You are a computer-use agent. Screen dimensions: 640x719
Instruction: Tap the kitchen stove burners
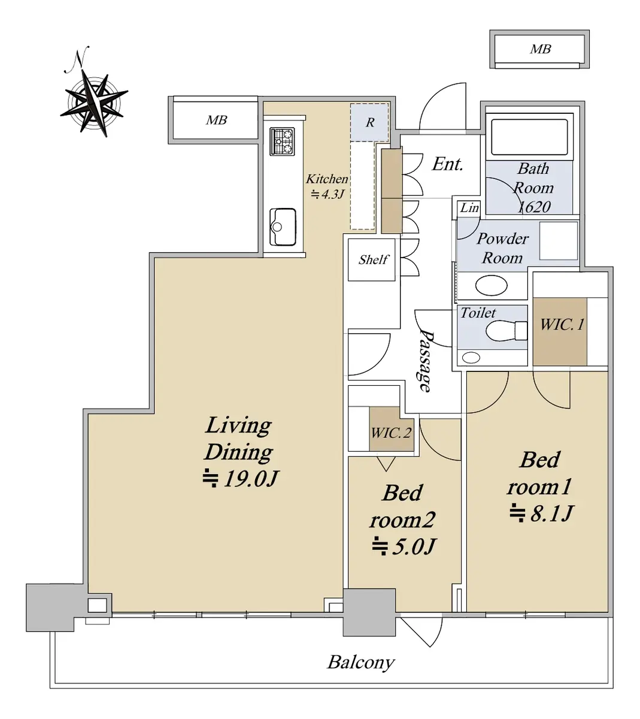click(x=282, y=141)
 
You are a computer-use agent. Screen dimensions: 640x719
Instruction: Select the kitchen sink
click(x=283, y=226)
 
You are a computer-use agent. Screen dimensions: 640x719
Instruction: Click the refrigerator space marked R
click(x=369, y=122)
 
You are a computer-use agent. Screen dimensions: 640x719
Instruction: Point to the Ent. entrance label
click(x=447, y=164)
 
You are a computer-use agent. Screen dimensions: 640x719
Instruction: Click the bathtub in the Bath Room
click(x=529, y=137)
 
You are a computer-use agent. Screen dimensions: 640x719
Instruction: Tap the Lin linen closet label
click(x=469, y=208)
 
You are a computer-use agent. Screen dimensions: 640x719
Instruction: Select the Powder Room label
click(x=502, y=248)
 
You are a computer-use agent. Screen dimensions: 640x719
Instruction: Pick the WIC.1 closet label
click(x=562, y=324)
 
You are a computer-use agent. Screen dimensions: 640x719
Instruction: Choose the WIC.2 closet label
click(x=391, y=433)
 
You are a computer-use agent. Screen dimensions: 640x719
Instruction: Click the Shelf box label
click(x=373, y=259)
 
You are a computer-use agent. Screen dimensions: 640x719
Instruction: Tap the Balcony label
click(x=360, y=662)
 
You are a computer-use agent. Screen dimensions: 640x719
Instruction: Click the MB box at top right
click(x=539, y=49)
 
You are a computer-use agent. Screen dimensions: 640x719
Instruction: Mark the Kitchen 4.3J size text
click(x=327, y=194)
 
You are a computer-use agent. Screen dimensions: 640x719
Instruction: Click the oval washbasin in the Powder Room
click(x=491, y=285)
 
